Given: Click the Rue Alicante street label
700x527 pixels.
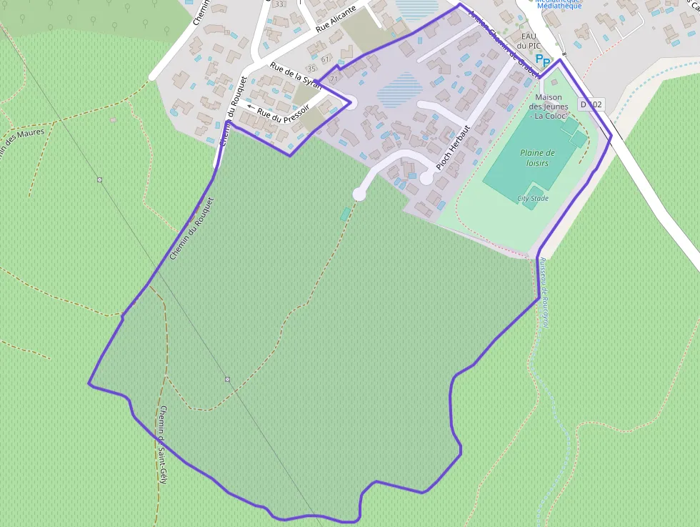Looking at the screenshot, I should point(336,20).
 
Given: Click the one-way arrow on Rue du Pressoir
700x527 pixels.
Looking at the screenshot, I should point(250,107).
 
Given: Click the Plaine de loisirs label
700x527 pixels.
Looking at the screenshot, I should point(537,157).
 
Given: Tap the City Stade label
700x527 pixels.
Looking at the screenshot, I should point(533,198).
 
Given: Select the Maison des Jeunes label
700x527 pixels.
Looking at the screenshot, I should point(548,106).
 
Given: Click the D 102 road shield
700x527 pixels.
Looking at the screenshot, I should point(591,104).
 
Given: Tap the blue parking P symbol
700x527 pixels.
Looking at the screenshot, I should point(543,61).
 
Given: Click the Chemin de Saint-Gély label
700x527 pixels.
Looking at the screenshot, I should point(163,444).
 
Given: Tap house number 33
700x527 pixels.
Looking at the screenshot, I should point(279,4).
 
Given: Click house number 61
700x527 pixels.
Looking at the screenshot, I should point(325,59).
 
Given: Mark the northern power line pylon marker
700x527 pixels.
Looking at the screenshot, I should point(100,179).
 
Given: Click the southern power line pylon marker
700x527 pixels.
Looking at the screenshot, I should point(227,379).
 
